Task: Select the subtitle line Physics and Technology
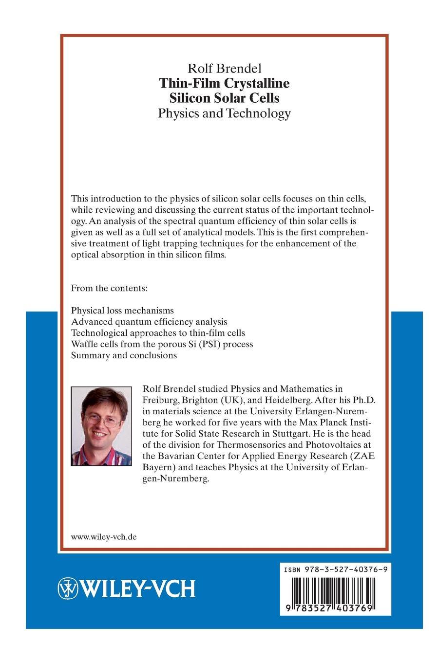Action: point(225,113)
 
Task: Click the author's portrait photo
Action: point(101,426)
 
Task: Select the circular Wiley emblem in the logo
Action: point(68,588)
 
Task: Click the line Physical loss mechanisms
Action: point(122,310)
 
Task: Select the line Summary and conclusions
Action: point(124,355)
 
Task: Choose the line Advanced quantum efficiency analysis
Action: point(149,321)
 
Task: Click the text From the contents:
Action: point(109,288)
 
